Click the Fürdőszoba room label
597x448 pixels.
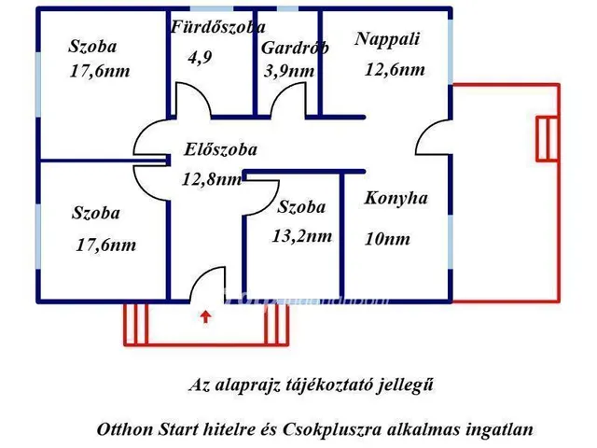(x=216, y=28)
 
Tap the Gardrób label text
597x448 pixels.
(x=294, y=49)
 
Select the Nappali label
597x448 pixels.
(x=388, y=39)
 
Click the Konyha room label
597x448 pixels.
(x=396, y=198)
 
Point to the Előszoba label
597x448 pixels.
(x=220, y=148)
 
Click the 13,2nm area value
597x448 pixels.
(x=302, y=236)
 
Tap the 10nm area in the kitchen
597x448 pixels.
(x=387, y=239)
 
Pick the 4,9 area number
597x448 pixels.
(x=200, y=57)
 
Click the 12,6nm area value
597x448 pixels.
(x=396, y=70)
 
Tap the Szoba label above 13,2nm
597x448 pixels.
(x=302, y=207)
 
